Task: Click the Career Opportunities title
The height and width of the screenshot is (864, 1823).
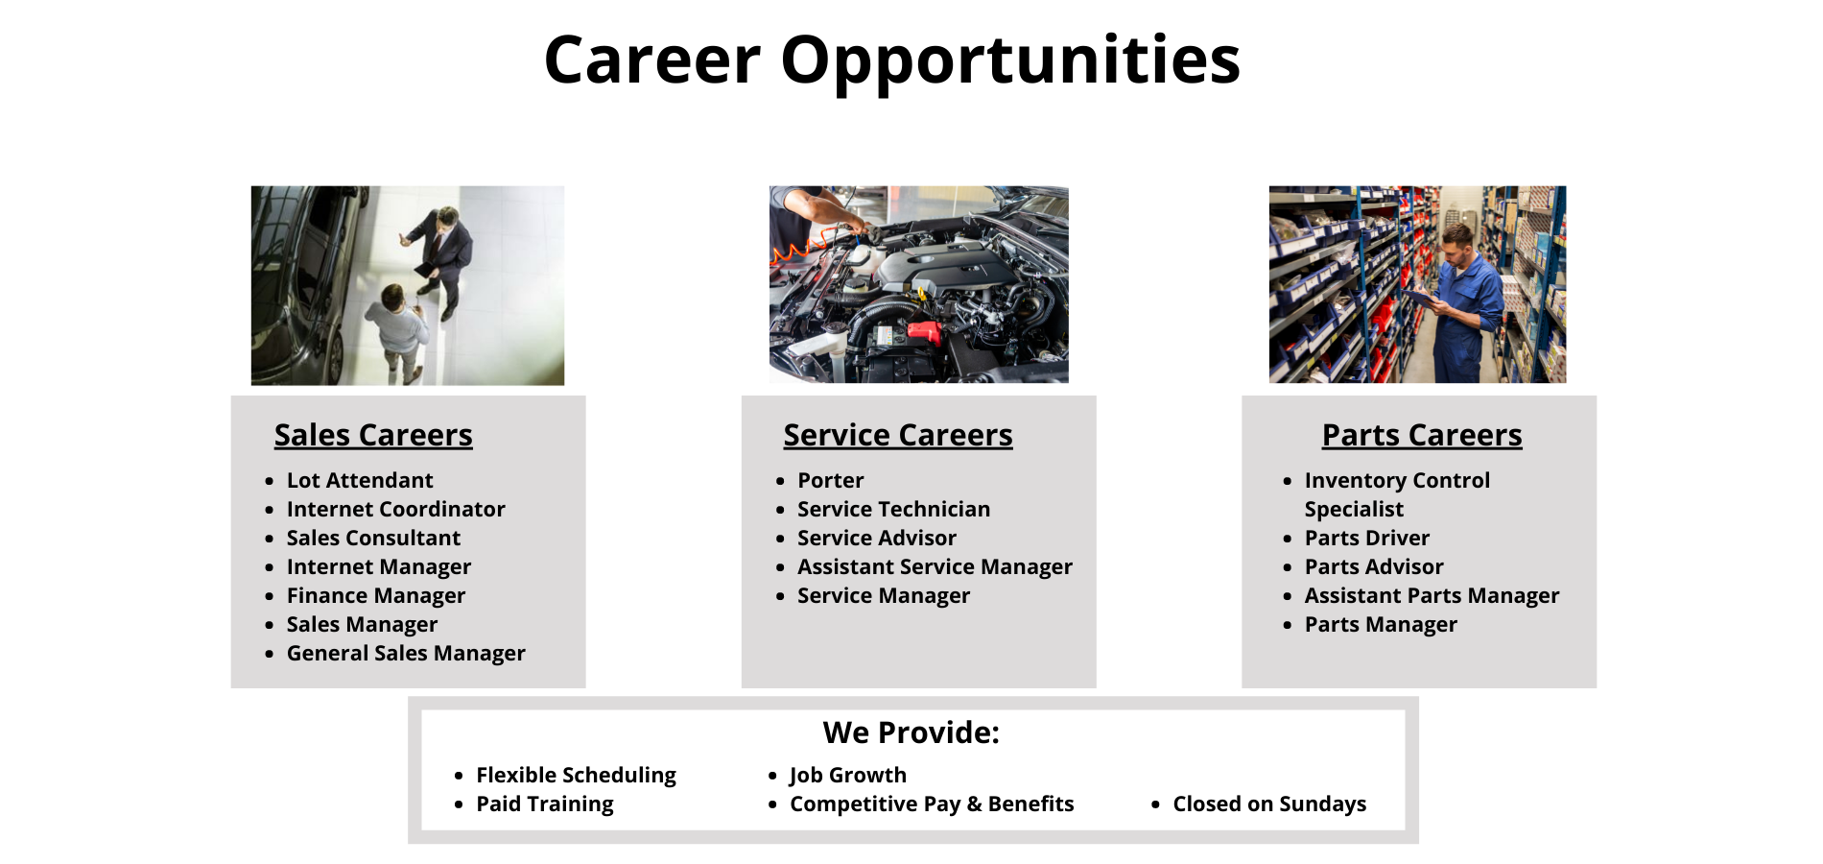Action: [891, 60]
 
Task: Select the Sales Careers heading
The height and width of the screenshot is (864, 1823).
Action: [373, 435]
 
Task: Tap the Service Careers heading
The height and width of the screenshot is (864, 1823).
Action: [897, 435]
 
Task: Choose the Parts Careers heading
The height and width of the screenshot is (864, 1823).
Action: [1421, 435]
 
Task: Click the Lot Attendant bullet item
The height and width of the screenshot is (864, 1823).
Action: [360, 480]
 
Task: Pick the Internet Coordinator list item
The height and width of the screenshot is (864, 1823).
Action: [395, 509]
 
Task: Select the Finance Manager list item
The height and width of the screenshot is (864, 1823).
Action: [375, 595]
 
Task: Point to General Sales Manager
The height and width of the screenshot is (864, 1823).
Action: [406, 653]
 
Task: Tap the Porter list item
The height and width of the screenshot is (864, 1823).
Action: [830, 480]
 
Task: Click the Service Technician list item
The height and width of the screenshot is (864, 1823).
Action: [893, 509]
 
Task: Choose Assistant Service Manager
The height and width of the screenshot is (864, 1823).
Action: [935, 566]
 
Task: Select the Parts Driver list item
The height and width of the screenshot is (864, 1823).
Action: [1366, 538]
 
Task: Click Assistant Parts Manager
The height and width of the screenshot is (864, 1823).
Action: [1432, 595]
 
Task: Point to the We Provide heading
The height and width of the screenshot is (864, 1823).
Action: [911, 732]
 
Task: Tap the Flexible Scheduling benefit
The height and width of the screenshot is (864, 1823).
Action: [576, 775]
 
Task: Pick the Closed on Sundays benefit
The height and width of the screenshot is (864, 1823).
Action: [1268, 804]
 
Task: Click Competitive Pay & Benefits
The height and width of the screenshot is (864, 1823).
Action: [931, 804]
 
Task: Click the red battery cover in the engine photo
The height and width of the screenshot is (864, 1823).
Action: [923, 333]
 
